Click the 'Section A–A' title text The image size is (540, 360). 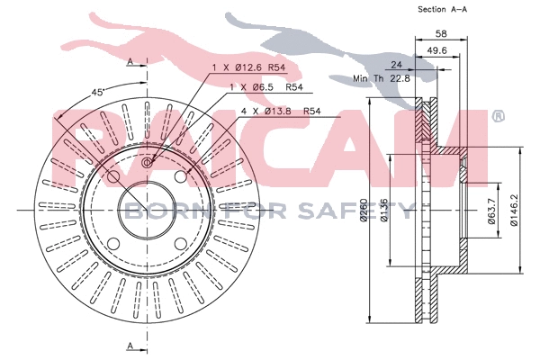coord(444,9)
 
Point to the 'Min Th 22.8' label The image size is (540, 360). coord(382,77)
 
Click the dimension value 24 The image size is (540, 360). coord(394,66)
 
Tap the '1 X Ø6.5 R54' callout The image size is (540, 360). coord(265,88)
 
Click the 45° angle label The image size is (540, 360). coord(98,92)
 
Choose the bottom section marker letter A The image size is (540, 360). coord(130,346)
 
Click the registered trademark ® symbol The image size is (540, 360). coord(498,115)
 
